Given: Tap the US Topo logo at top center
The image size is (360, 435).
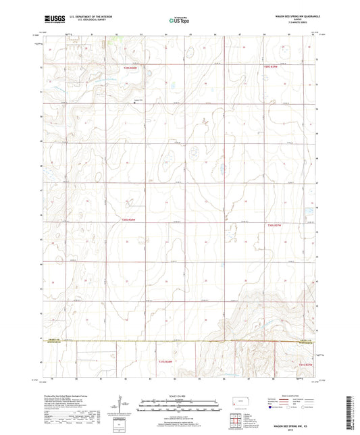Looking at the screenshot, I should pyautogui.click(x=179, y=21).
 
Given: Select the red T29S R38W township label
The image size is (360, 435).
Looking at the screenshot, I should pyautogui.click(x=130, y=67).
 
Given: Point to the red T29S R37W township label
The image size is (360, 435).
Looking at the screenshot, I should pyautogui.click(x=271, y=67).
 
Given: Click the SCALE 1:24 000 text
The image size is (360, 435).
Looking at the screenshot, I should pyautogui.click(x=179, y=396).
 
